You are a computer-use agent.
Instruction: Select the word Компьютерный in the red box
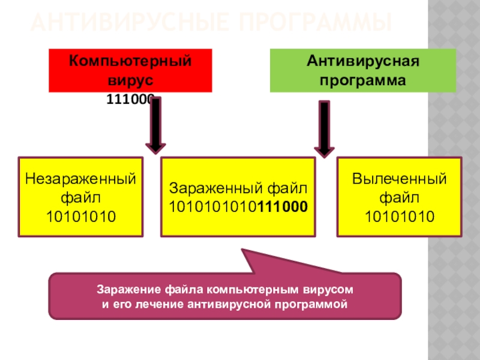(x=130, y=61)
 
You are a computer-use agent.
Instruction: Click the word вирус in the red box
(x=130, y=79)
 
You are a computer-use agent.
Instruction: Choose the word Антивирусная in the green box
(x=362, y=61)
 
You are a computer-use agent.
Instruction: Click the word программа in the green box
(x=362, y=79)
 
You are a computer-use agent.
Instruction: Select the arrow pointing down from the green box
(x=324, y=129)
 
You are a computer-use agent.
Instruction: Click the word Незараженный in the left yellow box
(x=81, y=179)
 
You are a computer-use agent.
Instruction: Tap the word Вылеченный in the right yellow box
(x=399, y=179)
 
